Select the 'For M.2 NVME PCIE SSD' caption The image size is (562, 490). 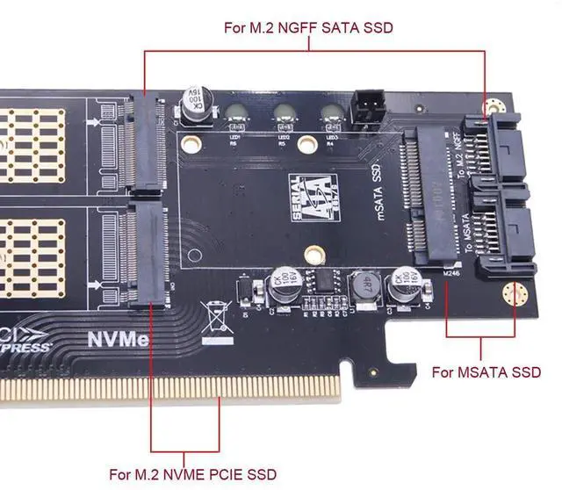(192, 474)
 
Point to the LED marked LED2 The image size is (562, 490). (284, 114)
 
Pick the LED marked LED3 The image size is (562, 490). (331, 114)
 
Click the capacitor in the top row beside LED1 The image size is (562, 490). (194, 103)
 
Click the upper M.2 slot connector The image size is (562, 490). (143, 144)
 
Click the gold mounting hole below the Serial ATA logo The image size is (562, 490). (308, 255)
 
